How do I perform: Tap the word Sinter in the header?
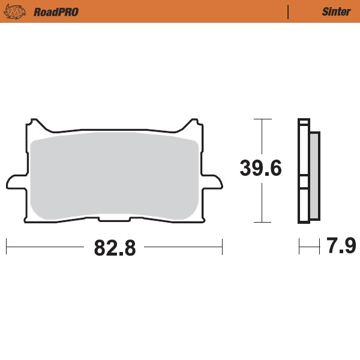tap(336, 11)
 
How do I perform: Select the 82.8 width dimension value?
tap(114, 247)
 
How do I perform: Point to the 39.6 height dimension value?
tap(260, 169)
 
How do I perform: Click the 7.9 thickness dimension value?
tap(341, 246)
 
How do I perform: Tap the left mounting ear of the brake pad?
tap(14, 181)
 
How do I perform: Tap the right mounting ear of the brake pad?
tap(214, 181)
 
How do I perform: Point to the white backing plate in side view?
tap(303, 150)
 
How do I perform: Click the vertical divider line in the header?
tap(289, 11)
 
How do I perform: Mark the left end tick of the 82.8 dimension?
tap(6, 246)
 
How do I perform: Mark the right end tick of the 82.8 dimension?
tap(222, 246)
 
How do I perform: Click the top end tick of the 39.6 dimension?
tap(259, 119)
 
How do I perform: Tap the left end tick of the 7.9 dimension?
tap(299, 246)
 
